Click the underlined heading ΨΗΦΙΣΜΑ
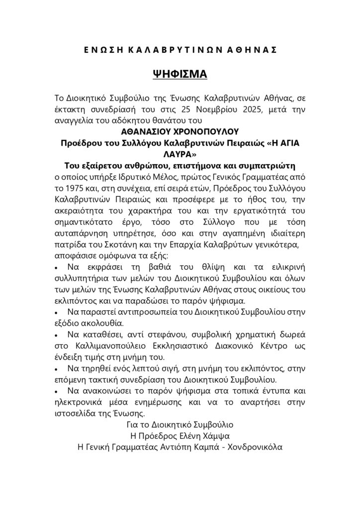pyautogui.click(x=180, y=75)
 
